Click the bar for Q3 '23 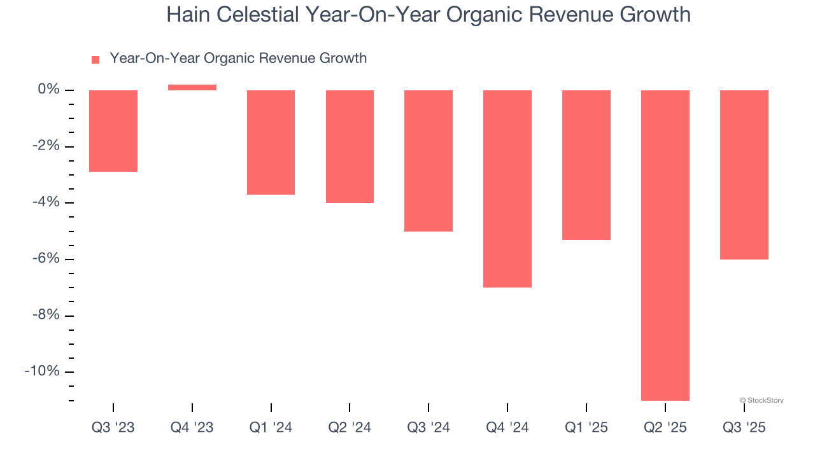113,131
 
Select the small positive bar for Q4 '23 192,88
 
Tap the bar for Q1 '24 271,142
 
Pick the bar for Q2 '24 350,146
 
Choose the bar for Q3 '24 429,161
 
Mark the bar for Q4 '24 507,189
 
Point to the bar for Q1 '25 586,165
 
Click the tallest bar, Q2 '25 665,245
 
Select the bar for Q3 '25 744,175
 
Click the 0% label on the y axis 48,90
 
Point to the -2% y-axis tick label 46,146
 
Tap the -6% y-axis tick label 46,259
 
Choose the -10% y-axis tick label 42,371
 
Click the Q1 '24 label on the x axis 271,427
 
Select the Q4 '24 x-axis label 507,427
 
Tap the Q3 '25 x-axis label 744,427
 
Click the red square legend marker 96,60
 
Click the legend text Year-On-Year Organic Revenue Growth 238,59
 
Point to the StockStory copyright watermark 762,401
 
